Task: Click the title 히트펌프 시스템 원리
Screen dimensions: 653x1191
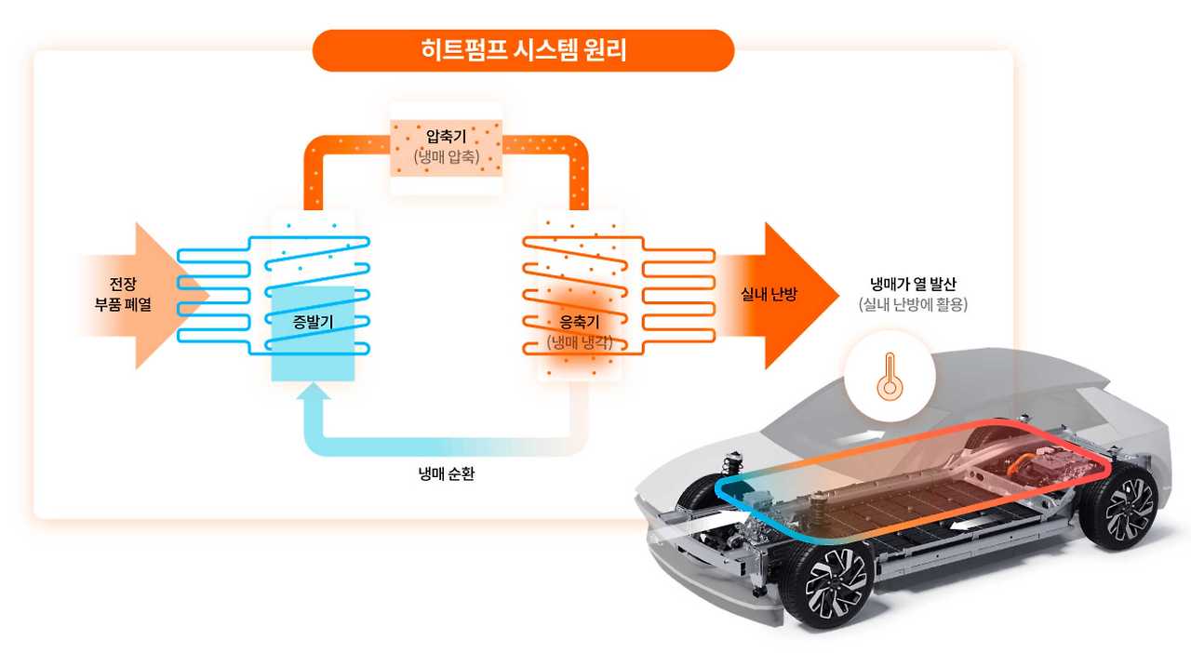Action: point(523,50)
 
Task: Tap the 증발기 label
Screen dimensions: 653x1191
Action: point(312,323)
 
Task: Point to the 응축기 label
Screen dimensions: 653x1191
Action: point(580,323)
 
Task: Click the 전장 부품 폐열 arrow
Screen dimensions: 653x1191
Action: point(140,295)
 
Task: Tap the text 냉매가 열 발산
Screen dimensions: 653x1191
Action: point(912,285)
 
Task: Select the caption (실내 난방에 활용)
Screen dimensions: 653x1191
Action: point(912,304)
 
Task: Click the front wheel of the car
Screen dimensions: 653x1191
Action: point(827,583)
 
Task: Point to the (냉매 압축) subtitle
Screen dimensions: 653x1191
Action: point(446,157)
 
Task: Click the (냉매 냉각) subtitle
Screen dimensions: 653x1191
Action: point(580,341)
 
